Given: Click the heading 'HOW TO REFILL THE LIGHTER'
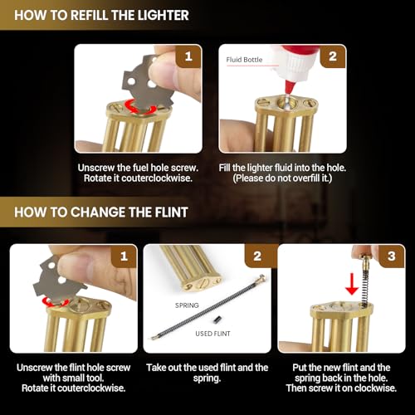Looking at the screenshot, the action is click(101, 15).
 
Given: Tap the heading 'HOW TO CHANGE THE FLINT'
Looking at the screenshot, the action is click(101, 212).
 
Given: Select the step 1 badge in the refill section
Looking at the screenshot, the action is click(188, 56).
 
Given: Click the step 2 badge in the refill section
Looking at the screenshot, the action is click(333, 56).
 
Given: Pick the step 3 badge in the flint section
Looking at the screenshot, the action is click(392, 256).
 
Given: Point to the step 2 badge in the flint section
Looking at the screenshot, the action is click(257, 256).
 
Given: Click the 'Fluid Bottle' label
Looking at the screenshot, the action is click(244, 60).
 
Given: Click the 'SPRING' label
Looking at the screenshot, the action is click(187, 305).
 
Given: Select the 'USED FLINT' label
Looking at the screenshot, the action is click(212, 334).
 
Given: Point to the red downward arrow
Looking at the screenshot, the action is click(352, 284).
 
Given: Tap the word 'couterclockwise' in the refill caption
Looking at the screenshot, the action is click(157, 178).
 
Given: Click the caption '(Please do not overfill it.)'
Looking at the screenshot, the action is click(282, 178).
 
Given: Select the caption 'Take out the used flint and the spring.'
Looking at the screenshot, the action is click(207, 373).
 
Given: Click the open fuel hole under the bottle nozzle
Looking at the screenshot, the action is click(286, 104).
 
